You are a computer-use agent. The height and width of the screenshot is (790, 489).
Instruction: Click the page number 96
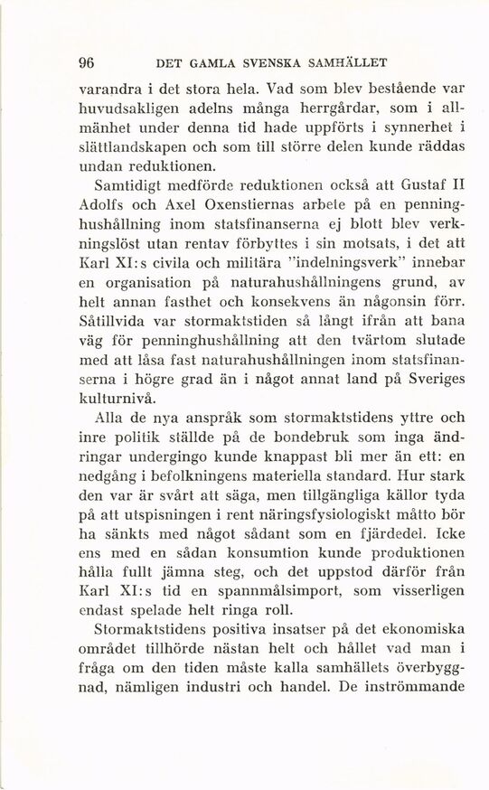pyautogui.click(x=87, y=63)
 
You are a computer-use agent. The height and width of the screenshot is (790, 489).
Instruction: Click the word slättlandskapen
pyautogui.click(x=134, y=147)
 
